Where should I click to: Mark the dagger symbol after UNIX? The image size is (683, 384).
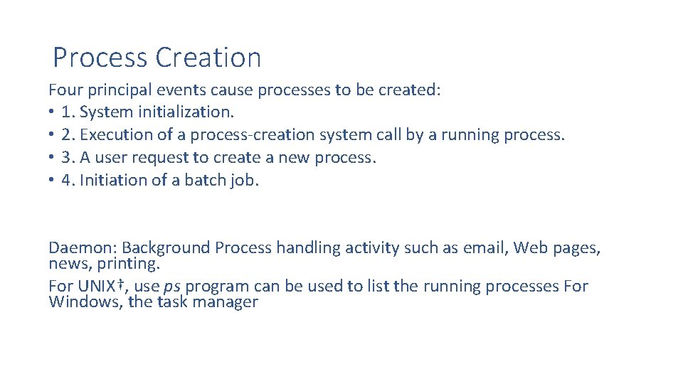(x=120, y=284)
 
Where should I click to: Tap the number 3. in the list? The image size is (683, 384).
(x=68, y=158)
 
